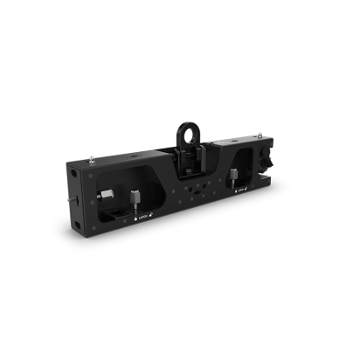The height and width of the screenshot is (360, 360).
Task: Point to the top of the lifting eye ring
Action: pyautogui.click(x=185, y=118)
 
